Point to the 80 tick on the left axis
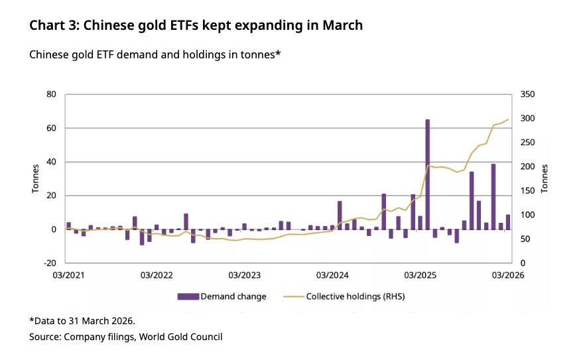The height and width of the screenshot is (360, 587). click(51, 94)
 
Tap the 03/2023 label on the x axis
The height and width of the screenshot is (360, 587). click(245, 274)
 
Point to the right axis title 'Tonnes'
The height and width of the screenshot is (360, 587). click(545, 178)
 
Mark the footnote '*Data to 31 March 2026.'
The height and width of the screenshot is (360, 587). click(82, 321)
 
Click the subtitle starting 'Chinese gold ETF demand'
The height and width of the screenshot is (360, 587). click(155, 54)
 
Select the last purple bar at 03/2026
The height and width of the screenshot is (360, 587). click(508, 222)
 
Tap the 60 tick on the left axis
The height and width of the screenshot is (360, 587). click(51, 128)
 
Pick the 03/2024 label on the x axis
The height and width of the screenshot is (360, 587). click(333, 274)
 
